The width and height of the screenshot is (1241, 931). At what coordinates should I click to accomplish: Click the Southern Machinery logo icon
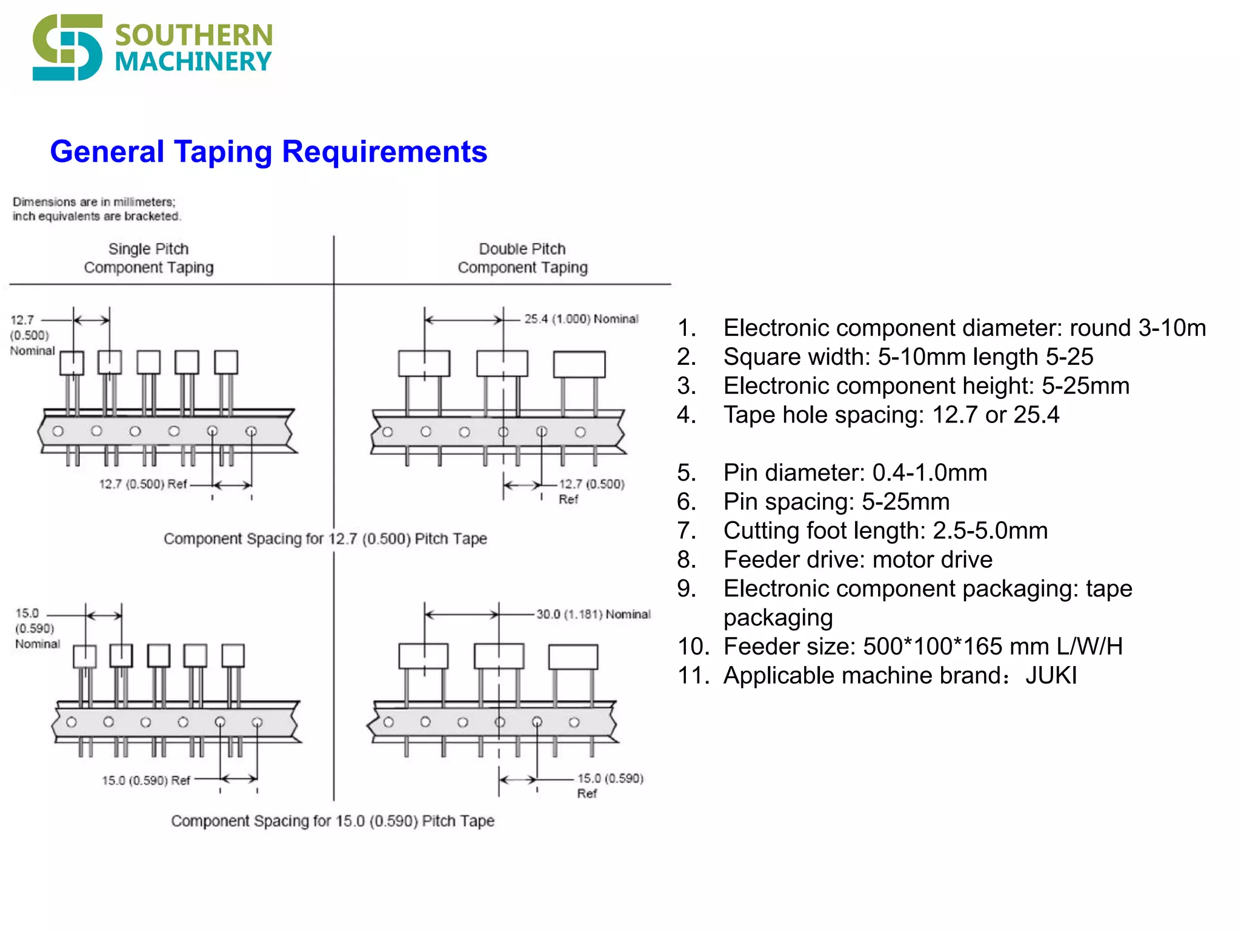67,47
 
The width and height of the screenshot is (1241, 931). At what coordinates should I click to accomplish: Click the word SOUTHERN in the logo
193,35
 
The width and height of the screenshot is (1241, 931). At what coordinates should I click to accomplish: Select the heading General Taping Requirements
268,152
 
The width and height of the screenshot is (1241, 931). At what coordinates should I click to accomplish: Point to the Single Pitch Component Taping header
148,258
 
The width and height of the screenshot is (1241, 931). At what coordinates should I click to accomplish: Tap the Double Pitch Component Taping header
522,258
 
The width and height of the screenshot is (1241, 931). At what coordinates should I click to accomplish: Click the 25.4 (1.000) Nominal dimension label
581,319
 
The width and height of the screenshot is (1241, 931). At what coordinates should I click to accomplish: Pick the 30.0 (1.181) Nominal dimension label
593,614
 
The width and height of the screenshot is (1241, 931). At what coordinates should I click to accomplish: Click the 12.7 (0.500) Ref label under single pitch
143,484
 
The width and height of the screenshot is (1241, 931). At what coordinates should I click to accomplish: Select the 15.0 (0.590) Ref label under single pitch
146,780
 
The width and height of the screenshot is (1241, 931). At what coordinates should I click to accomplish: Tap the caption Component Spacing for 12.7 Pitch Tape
325,539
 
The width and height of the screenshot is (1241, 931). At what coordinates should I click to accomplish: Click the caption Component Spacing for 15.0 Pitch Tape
333,821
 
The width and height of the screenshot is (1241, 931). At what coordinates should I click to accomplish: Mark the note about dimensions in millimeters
96,209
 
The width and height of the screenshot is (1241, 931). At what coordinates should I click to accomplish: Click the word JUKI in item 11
1051,675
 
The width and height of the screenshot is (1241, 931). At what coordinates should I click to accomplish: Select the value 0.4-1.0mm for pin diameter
930,473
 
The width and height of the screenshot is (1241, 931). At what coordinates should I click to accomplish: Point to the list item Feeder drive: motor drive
857,559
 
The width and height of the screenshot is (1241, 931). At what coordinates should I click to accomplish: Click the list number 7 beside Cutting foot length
686,531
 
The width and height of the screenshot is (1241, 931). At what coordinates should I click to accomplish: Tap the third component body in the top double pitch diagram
579,364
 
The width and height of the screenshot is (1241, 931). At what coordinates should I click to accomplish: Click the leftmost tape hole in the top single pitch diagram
58,432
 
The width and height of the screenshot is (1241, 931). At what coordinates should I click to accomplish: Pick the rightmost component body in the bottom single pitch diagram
233,656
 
